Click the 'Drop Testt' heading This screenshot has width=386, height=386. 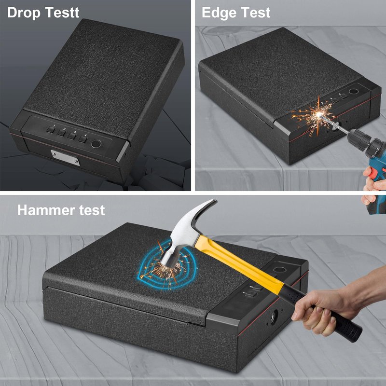[43, 13]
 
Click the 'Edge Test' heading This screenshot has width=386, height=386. [236, 13]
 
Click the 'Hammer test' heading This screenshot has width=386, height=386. [61, 210]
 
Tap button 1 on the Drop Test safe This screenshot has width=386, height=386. [51, 129]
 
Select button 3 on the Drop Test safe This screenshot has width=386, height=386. [72, 136]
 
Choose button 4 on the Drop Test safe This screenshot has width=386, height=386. [83, 139]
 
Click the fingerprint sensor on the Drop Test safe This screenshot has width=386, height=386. [96, 144]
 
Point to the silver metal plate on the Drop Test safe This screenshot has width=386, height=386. [65, 158]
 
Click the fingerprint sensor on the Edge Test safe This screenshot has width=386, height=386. [354, 92]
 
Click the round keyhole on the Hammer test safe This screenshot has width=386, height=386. [274, 317]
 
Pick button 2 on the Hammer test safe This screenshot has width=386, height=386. [257, 288]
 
